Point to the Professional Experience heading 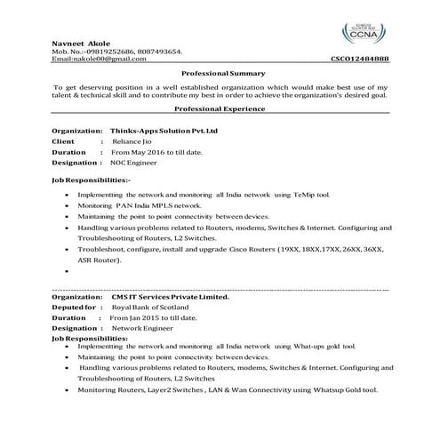tap(219, 108)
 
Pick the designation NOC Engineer tap(132, 164)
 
